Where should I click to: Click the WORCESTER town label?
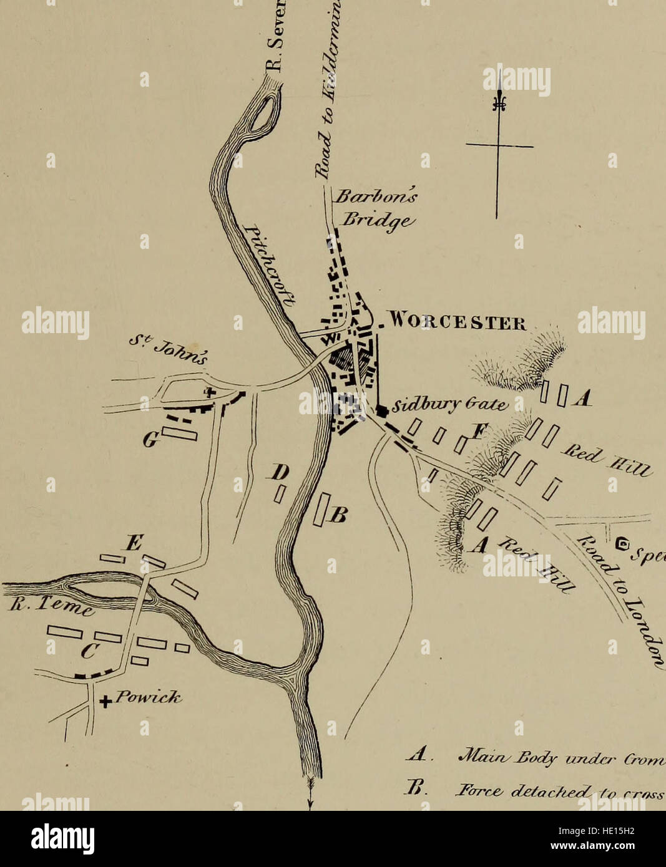point(457,325)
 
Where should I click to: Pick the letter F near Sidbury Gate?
point(479,430)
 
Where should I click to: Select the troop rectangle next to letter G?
point(180,433)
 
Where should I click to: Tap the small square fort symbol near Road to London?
point(621,545)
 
